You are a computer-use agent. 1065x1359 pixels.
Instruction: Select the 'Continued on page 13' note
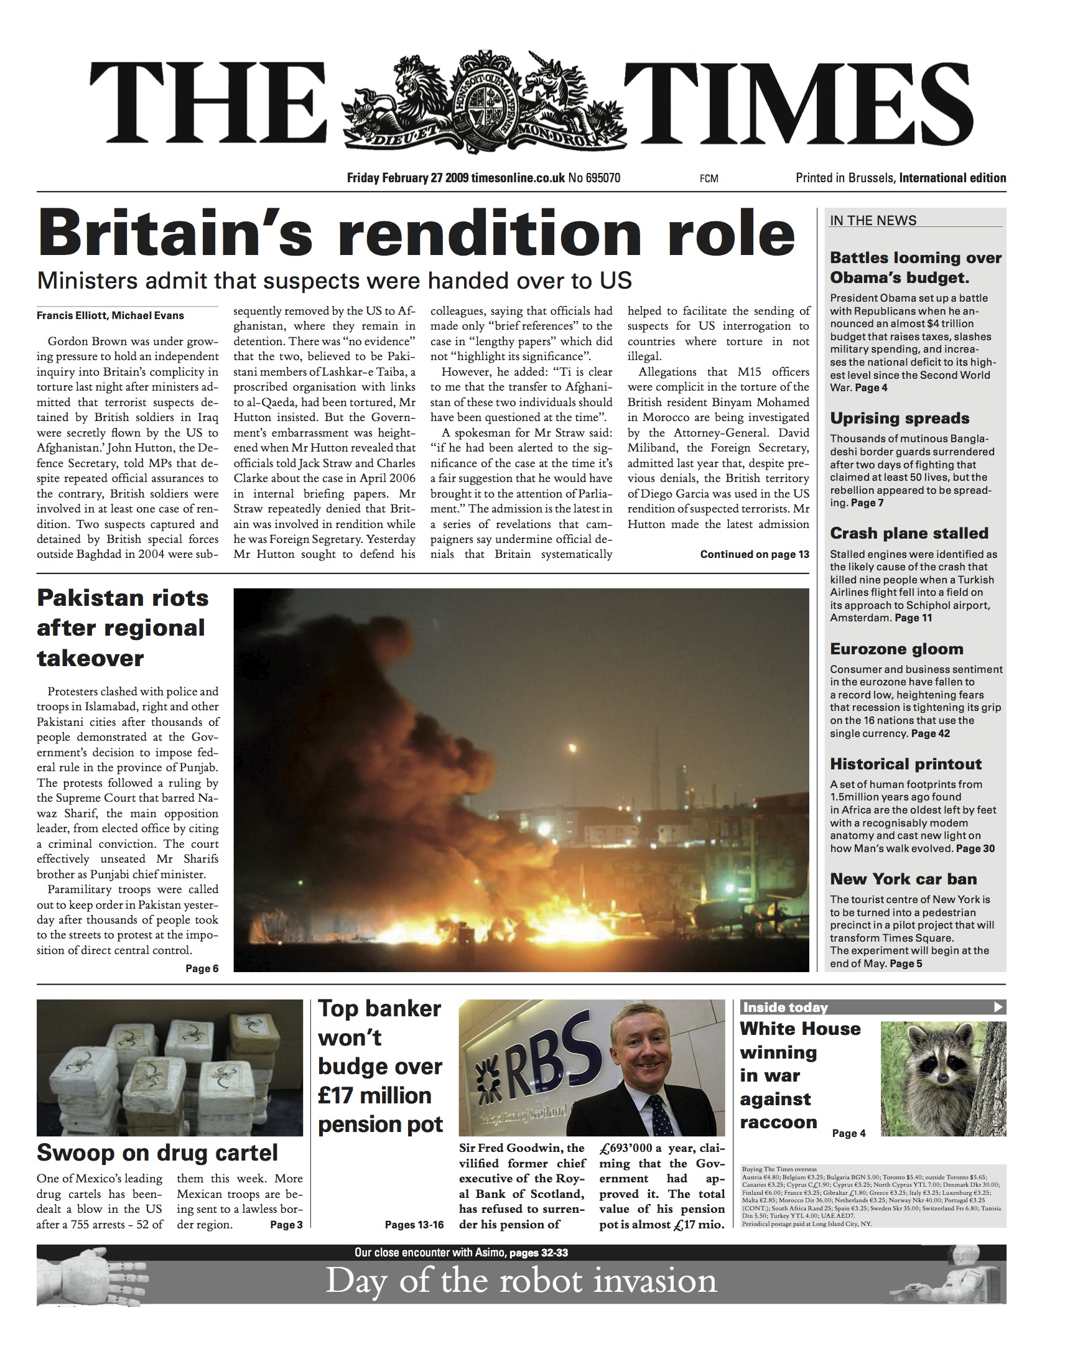(x=754, y=554)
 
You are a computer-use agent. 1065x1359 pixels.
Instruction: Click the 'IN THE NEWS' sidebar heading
(x=873, y=221)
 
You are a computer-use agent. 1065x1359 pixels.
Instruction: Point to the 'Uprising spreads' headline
(x=899, y=419)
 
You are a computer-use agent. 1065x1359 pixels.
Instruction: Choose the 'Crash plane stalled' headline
(x=908, y=533)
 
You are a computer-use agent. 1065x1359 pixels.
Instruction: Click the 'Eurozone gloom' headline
(x=896, y=649)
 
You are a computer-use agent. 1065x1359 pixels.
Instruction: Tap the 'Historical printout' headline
(x=905, y=764)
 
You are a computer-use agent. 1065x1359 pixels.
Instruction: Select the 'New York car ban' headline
(x=903, y=879)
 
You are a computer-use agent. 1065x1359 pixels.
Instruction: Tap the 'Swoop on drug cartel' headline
(x=157, y=1153)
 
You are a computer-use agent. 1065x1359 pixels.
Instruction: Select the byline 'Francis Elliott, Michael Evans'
(x=110, y=315)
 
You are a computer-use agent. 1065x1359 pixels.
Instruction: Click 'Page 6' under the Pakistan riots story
(x=202, y=968)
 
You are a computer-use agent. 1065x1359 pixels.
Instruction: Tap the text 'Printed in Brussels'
(x=845, y=179)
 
